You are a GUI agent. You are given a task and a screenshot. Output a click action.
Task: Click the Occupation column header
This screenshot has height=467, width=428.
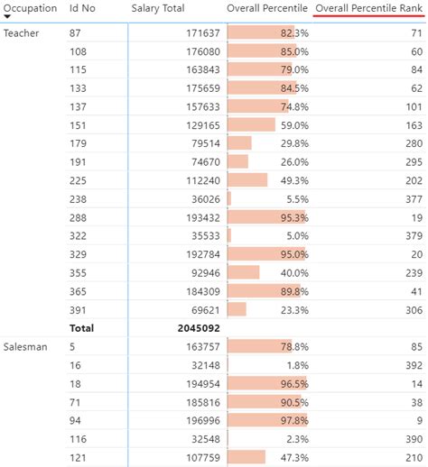(30, 8)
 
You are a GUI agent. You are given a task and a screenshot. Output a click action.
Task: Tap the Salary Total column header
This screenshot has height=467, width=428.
(158, 8)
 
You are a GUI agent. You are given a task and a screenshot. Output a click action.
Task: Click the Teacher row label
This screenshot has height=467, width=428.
(20, 33)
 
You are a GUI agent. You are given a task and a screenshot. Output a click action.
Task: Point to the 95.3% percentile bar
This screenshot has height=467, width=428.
(267, 218)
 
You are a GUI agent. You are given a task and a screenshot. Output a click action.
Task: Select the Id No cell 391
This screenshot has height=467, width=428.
(78, 309)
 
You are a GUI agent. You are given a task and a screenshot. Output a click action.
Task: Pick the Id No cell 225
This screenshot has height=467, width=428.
(78, 180)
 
